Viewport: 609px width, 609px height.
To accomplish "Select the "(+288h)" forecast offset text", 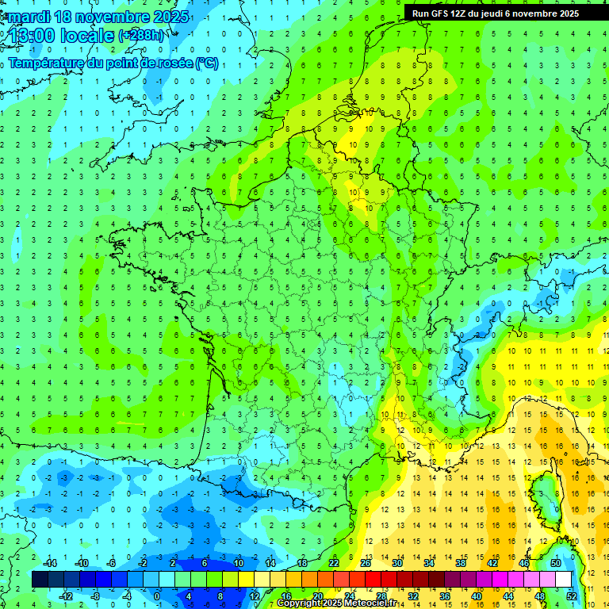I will coord(142,36).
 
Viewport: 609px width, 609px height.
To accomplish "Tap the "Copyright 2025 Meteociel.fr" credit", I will coord(337,603).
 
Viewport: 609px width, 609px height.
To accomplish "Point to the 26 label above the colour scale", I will coord(365,563).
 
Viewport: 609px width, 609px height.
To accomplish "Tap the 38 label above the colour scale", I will coord(460,563).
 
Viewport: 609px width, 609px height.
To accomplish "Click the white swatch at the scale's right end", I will coord(563,579).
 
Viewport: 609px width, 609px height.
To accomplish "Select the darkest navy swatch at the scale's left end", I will coord(40,579).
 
